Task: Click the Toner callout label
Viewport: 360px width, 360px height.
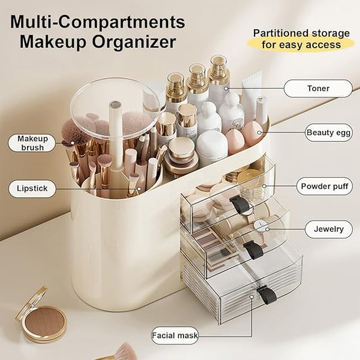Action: [x=317, y=88]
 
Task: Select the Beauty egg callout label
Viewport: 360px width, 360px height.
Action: [x=328, y=132]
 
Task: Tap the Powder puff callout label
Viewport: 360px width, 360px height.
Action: [x=324, y=186]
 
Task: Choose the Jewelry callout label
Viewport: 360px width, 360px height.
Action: [x=328, y=229]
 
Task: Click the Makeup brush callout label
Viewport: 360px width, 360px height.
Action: [x=32, y=143]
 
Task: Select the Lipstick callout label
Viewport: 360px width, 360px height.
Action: [x=32, y=188]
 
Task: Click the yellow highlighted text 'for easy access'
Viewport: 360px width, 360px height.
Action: [x=301, y=45]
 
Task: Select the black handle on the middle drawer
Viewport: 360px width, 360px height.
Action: [x=253, y=249]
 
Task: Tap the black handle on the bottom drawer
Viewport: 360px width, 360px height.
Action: [x=267, y=294]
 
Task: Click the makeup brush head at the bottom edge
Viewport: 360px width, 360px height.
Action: [x=126, y=351]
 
